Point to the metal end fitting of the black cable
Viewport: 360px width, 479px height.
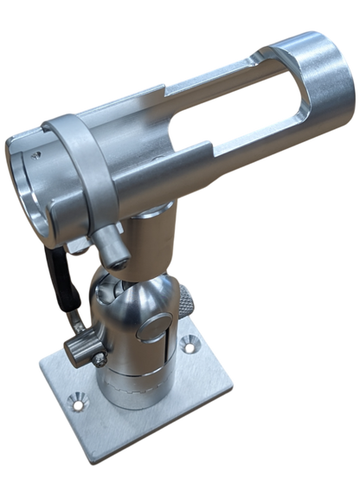pyautogui.click(x=75, y=323)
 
